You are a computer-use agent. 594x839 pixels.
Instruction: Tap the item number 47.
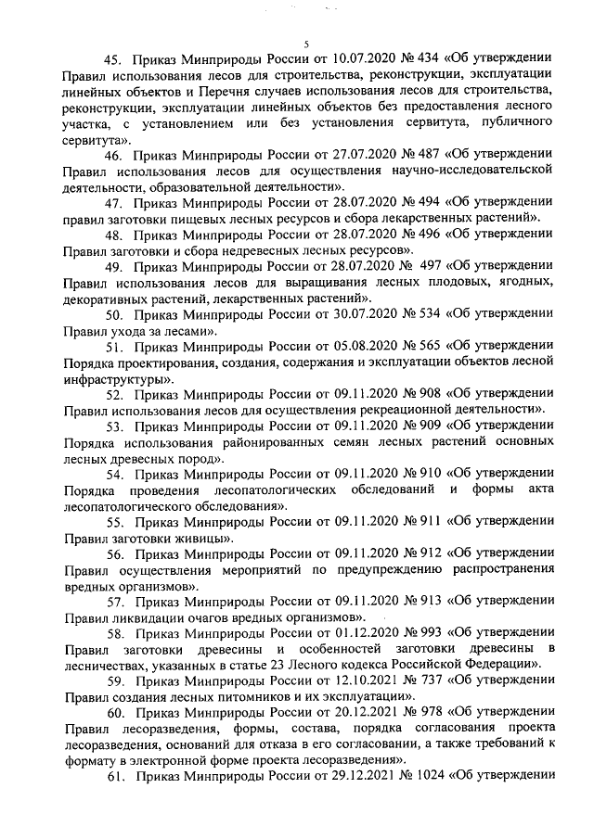click(x=115, y=203)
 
